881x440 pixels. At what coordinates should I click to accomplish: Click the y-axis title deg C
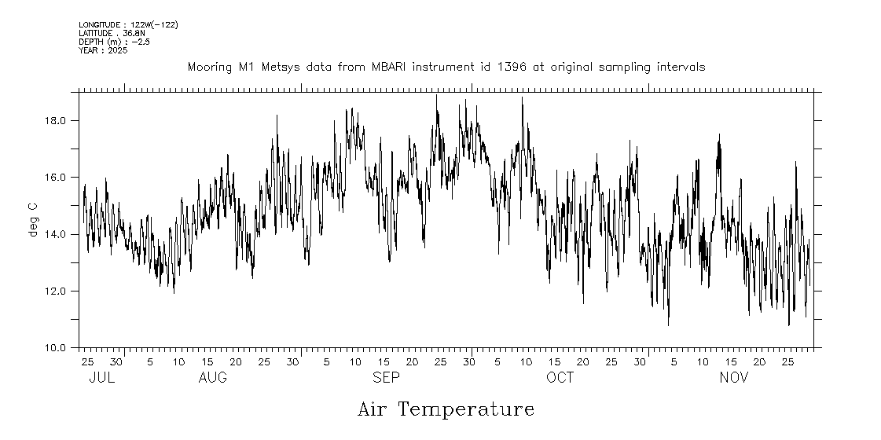[x=33, y=220]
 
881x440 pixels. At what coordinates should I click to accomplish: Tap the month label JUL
[x=102, y=378]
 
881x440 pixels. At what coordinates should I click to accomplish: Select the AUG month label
[x=212, y=378]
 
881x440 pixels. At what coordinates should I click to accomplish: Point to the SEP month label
[x=386, y=378]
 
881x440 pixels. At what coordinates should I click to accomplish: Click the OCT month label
[x=560, y=378]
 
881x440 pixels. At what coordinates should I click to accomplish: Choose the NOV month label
[x=734, y=378]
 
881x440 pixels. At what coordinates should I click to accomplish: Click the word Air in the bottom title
[x=373, y=409]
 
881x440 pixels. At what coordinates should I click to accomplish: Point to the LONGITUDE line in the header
[x=128, y=25]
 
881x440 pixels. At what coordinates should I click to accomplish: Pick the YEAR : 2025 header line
[x=103, y=50]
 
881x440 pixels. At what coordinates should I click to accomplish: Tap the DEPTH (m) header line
[x=114, y=42]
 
